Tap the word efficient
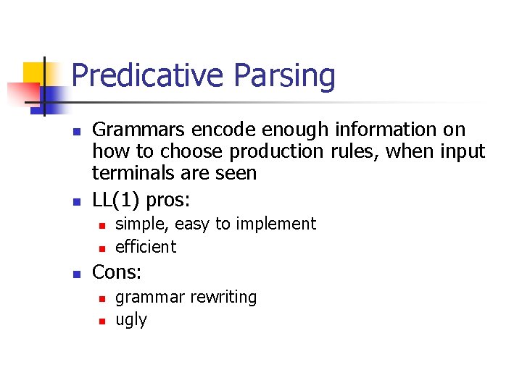tap(146, 247)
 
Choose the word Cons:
tap(117, 272)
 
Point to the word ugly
tap(131, 321)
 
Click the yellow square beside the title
tap(33, 73)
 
